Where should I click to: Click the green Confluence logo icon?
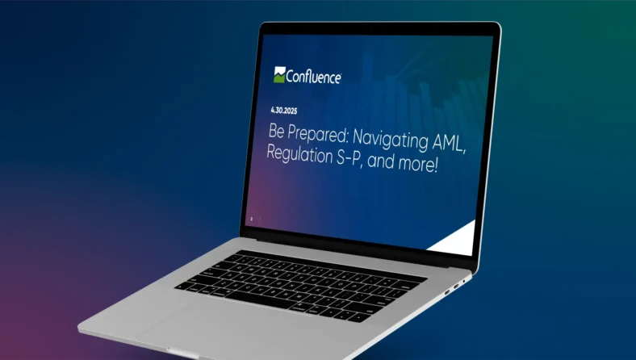279,75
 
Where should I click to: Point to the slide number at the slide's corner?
251,218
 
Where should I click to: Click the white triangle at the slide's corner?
458,241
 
